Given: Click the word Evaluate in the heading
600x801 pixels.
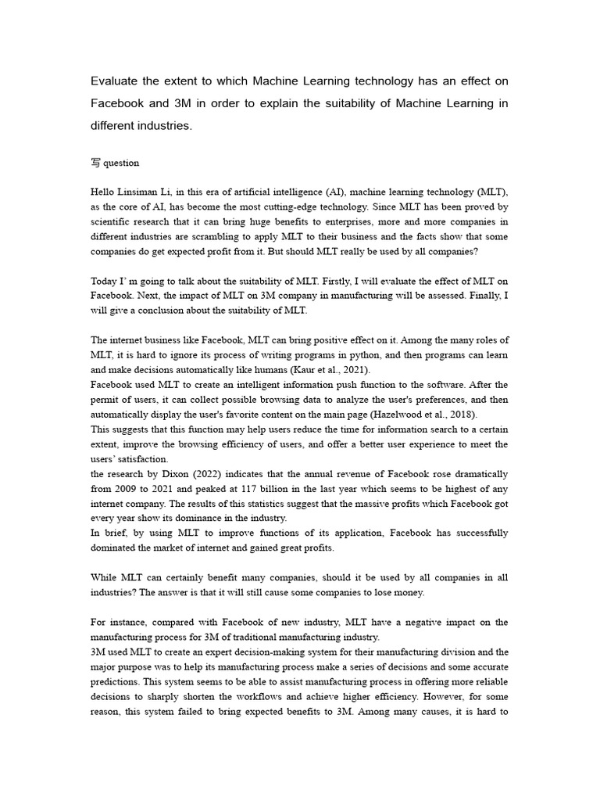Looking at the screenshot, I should click(x=116, y=81).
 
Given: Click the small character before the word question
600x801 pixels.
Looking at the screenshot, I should click(x=95, y=163).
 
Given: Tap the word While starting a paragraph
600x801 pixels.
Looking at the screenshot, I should click(x=104, y=578).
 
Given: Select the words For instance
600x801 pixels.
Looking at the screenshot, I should click(x=116, y=623).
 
